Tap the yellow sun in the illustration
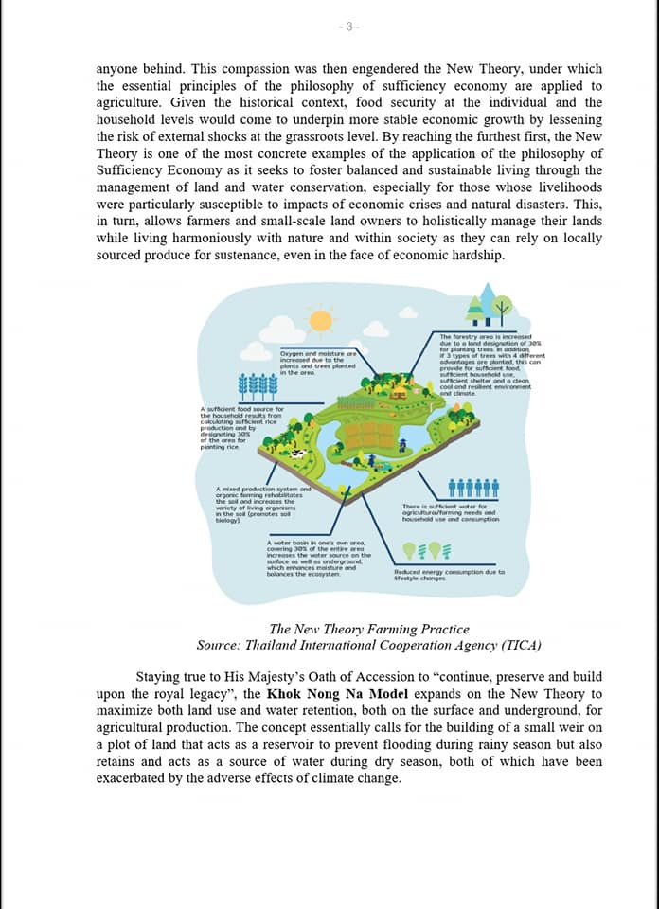coord(321,320)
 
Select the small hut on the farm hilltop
coord(400,391)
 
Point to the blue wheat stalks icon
coord(258,386)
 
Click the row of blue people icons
coord(472,488)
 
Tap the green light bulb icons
coord(427,550)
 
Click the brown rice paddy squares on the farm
coord(365,435)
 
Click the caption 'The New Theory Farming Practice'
coord(368,629)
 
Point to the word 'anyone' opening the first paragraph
coord(118,69)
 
